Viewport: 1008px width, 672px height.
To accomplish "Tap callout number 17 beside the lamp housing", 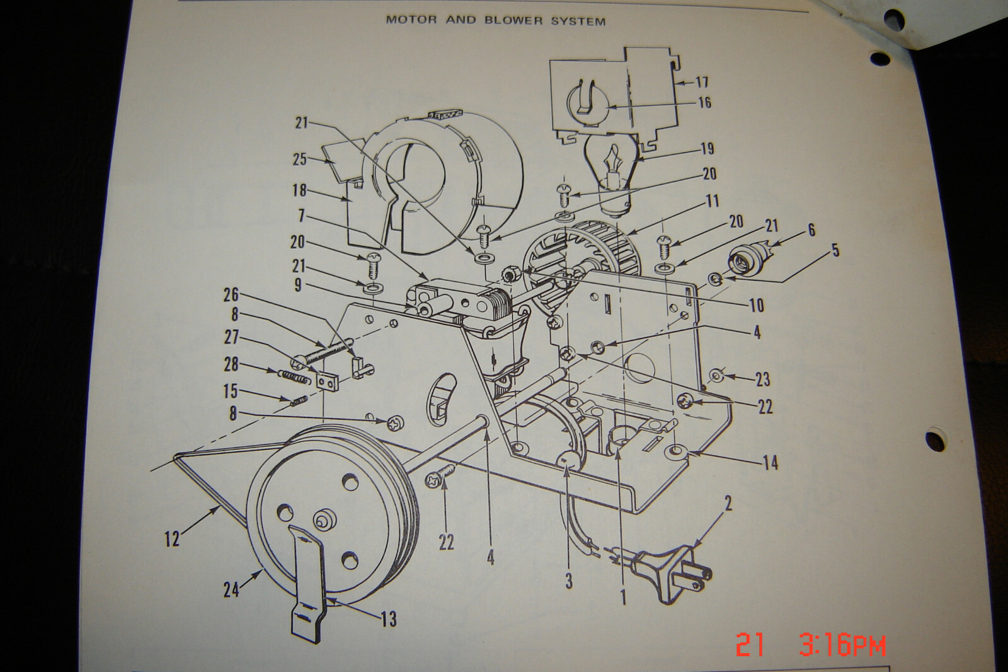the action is click(702, 82).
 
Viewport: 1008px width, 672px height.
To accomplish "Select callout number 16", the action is click(705, 103).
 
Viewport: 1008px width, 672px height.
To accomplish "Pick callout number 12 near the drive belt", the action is click(172, 539).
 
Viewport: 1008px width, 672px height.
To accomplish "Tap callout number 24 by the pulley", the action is click(232, 589).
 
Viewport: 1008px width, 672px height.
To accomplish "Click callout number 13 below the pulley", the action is click(389, 619).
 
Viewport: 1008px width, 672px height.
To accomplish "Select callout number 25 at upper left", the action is click(300, 159).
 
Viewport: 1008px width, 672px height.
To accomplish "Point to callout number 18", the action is click(299, 190).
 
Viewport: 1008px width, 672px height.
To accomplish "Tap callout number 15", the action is click(231, 391).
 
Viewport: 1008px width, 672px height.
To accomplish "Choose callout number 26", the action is click(231, 296).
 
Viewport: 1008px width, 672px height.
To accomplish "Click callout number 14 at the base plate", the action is click(770, 463).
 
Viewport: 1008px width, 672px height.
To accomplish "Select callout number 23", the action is click(763, 379).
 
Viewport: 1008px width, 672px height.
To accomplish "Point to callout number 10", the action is click(757, 305).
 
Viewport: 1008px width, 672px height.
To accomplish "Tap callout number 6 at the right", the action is click(811, 230).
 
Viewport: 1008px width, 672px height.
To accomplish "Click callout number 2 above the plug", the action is click(728, 504).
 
